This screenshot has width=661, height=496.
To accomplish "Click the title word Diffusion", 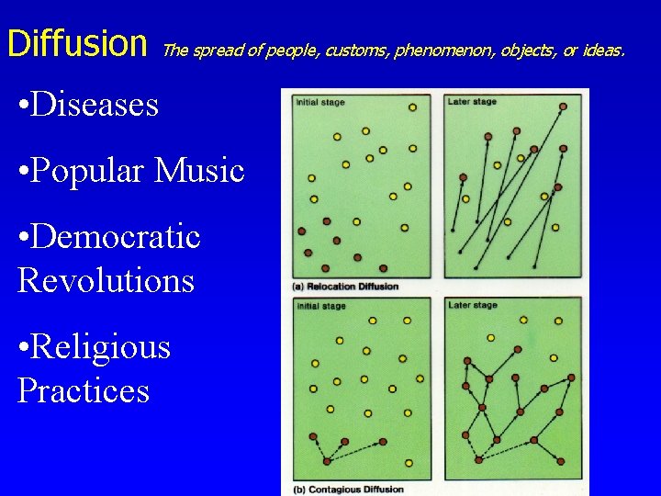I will pos(76,43).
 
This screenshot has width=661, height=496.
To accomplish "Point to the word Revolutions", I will pos(106,280).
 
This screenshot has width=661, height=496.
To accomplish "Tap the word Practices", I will pos(84,391).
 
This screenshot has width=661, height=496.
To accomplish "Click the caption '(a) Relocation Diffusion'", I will pos(346,287).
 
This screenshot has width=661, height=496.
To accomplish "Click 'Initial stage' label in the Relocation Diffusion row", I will pos(320,102).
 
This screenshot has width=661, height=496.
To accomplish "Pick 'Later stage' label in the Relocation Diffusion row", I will pos(472,102).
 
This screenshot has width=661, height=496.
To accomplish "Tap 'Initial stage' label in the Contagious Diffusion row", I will pos(320,305).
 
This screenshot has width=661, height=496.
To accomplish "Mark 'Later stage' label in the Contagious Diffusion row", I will pos(472,305).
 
